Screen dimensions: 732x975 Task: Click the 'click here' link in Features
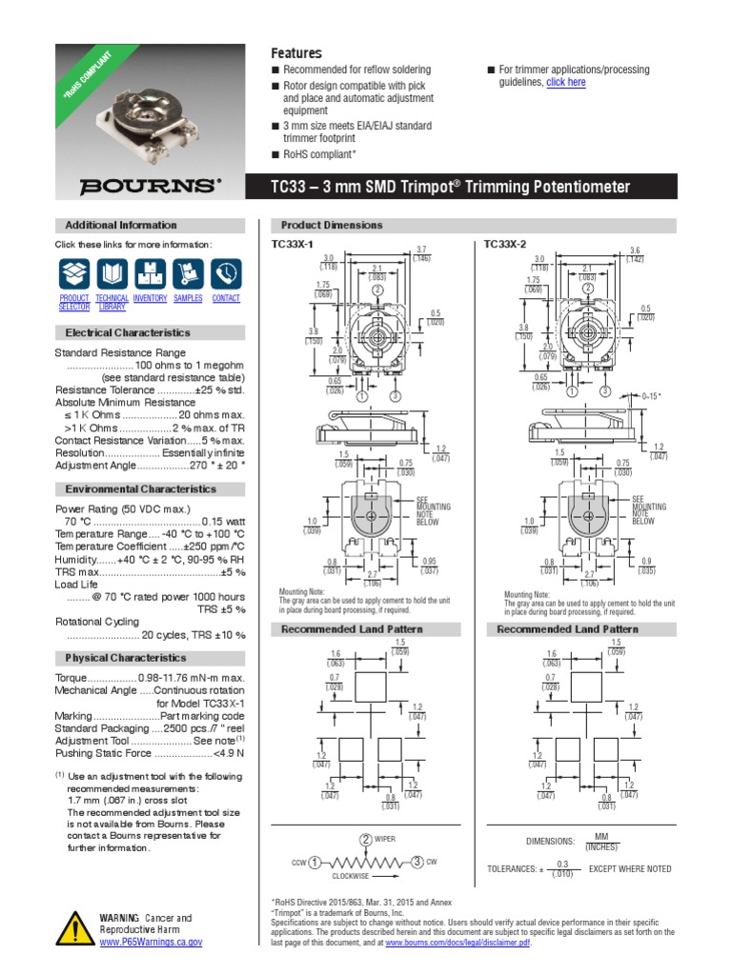[566, 83]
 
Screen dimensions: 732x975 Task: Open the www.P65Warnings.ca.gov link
[152, 942]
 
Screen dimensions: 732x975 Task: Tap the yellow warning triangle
[73, 928]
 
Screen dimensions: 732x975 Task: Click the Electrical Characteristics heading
[127, 333]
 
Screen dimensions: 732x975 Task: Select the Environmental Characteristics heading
[140, 489]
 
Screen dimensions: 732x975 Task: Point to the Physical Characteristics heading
[125, 658]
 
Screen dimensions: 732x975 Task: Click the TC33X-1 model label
[293, 245]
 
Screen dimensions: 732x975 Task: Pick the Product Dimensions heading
[332, 226]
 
